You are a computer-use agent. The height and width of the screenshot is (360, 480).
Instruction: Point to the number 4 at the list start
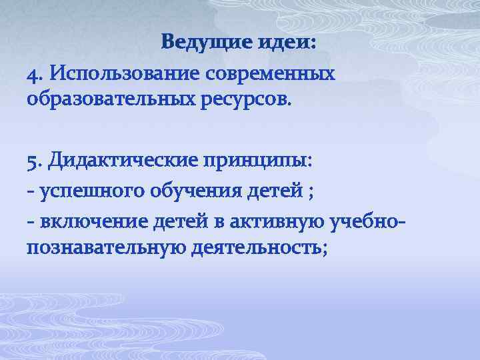coord(32,72)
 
